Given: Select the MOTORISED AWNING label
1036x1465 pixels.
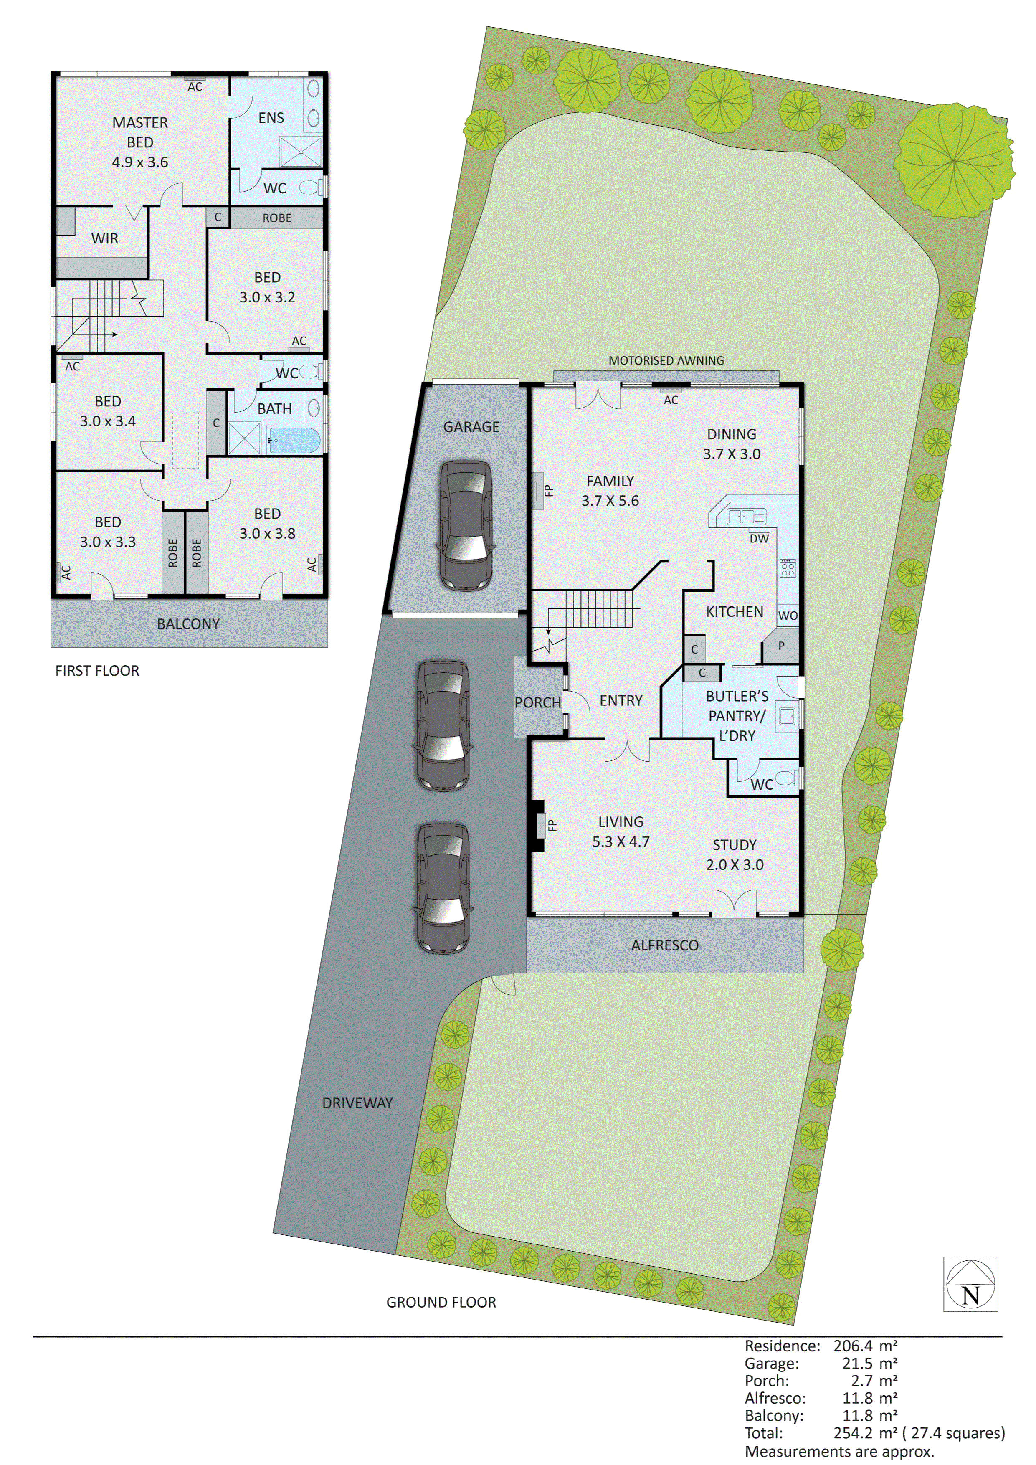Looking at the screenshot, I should pos(666,360).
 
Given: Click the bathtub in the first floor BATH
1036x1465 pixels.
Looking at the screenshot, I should pos(294,440).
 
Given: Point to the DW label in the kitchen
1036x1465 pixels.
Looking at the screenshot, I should pos(759,539).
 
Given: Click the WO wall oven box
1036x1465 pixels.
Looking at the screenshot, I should pos(788,615).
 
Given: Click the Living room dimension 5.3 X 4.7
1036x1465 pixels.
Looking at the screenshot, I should pos(621,841).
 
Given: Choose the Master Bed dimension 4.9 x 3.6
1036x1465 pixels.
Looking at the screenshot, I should pos(140,162).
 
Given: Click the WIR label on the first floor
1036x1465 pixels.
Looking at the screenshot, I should pos(105,238).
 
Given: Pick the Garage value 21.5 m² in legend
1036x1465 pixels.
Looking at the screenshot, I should pos(864,1364).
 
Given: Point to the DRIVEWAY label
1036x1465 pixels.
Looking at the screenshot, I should pos(357,1103).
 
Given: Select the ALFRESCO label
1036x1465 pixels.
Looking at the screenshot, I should pos(665,945).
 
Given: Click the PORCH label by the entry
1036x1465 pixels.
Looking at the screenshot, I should pos(538,702).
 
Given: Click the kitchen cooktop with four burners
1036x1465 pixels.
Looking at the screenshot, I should pos(787,568).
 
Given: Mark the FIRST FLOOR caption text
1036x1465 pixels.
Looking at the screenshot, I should pos(97,671).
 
